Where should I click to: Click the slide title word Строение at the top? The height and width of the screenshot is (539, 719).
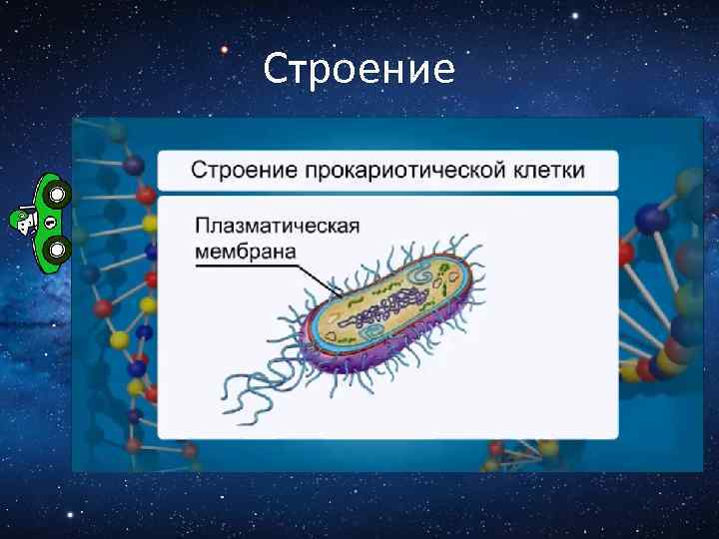point(359,69)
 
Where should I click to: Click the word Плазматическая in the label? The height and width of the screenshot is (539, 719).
point(277,225)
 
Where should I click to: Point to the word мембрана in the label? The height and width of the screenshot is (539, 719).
point(245,251)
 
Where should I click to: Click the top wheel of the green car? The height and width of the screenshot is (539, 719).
point(57,193)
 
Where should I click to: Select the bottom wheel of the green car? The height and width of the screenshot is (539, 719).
point(57,247)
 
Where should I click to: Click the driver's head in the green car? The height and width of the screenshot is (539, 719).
point(22,221)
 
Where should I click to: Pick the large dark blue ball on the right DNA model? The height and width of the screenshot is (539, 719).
point(651,218)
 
